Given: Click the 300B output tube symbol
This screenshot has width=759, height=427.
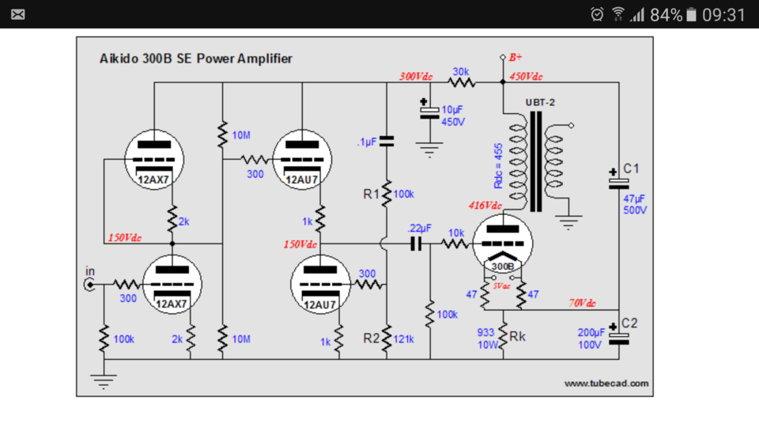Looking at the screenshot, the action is (503, 244).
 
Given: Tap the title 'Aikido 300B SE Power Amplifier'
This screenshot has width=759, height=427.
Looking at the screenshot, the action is (195, 59).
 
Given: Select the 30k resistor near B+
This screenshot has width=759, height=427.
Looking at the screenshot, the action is (461, 81).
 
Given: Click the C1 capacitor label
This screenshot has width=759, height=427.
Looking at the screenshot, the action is (631, 168).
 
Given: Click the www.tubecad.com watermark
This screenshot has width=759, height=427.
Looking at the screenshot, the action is (606, 384).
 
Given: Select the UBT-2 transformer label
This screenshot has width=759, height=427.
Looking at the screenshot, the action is (540, 103).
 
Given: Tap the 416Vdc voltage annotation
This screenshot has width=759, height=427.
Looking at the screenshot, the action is (485, 206).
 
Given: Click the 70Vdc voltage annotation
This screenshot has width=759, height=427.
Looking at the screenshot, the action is (582, 303).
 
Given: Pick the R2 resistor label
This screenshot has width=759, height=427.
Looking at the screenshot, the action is (372, 338).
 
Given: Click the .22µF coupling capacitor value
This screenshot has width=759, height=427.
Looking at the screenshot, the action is (419, 228).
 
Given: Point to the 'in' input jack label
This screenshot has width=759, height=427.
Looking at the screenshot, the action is (90, 271).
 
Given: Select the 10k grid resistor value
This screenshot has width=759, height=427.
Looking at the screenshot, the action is (456, 232).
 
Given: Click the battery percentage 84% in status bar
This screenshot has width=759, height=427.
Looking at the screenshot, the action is (666, 15).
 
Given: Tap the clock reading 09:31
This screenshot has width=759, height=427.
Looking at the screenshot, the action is (723, 15).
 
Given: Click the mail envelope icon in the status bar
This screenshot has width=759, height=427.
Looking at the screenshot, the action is (18, 14).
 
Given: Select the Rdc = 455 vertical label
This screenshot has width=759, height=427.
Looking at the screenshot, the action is (498, 165).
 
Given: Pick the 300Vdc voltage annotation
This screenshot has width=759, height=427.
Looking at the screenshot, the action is (416, 77).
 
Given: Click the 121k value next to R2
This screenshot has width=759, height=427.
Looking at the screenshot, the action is (404, 339).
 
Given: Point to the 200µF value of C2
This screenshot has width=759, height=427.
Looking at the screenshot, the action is (591, 333).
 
